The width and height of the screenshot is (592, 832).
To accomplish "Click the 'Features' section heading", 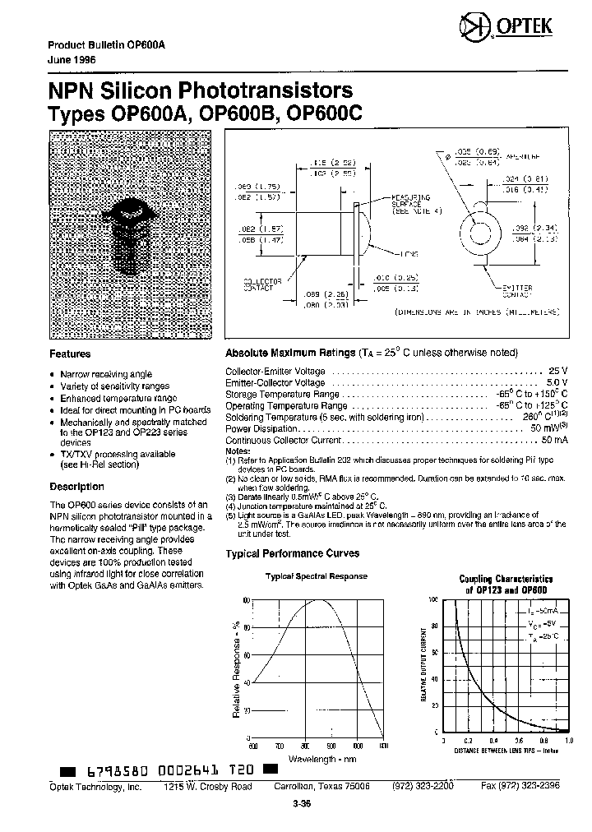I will coord(70,354).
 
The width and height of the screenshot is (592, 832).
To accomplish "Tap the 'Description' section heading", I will coord(76,487).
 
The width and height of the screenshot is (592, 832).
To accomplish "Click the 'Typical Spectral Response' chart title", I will coord(316,576).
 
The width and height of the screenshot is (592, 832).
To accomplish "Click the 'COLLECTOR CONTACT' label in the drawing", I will coord(263,284).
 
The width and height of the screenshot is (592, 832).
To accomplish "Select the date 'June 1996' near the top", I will coord(72,59).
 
